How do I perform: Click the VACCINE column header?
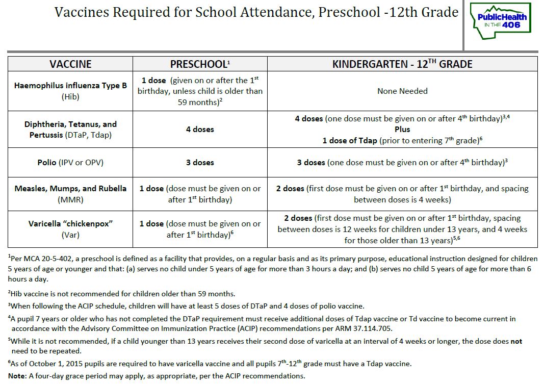click(x=70, y=64)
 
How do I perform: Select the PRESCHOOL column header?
click(x=200, y=64)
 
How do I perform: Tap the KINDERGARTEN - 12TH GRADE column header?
click(x=402, y=64)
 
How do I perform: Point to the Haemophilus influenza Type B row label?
click(x=70, y=86)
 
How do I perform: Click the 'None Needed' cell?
click(x=402, y=91)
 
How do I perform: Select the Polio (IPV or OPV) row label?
click(x=70, y=163)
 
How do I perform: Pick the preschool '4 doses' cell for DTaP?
click(x=200, y=130)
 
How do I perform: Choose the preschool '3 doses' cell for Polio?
click(x=200, y=163)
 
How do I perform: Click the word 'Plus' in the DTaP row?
click(x=402, y=130)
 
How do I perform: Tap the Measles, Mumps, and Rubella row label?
click(x=70, y=188)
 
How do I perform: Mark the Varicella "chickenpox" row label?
click(x=70, y=224)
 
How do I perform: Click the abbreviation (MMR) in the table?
click(x=70, y=199)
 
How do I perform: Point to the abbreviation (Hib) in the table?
click(x=70, y=96)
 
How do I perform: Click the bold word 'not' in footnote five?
click(x=516, y=341)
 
